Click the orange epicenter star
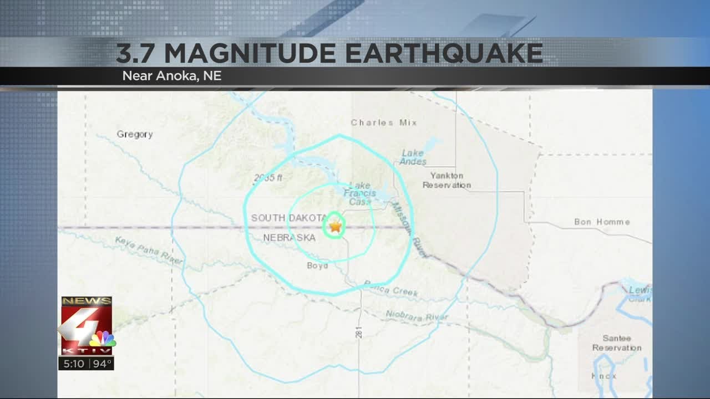point(335,226)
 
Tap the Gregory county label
point(134,134)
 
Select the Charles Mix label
point(383,122)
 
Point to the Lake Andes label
point(413,157)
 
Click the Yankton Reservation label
point(447,180)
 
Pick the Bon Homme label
point(602,222)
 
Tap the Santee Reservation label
point(616,343)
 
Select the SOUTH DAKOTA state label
point(288,218)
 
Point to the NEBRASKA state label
point(289,238)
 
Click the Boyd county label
point(317,265)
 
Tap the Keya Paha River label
point(149,250)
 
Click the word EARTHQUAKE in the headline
point(443,53)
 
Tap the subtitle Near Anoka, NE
point(172,76)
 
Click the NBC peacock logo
point(103,339)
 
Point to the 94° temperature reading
point(102,364)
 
